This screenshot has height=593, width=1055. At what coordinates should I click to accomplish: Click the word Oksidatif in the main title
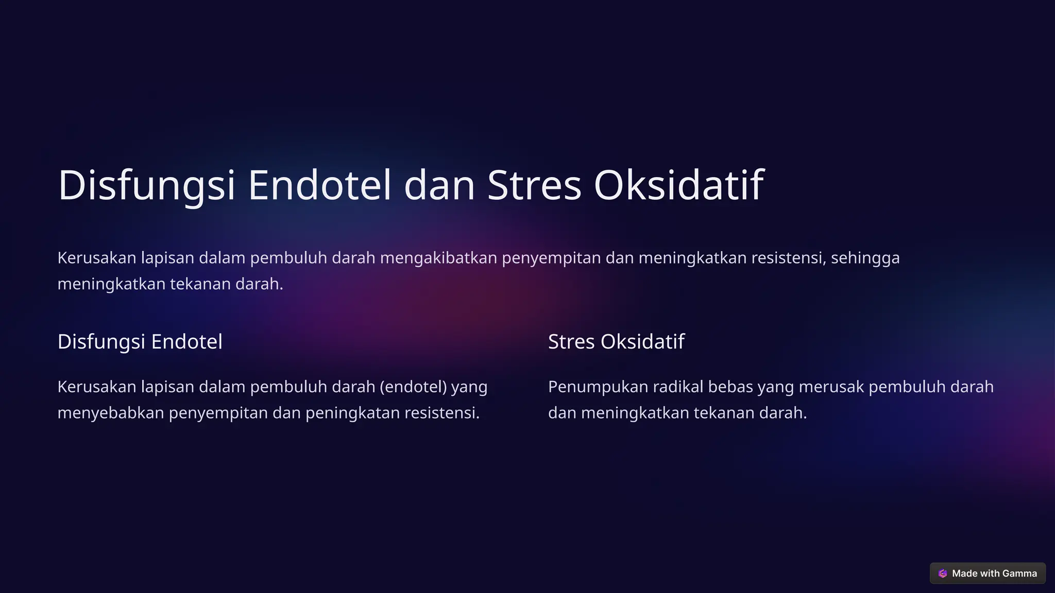pos(678,185)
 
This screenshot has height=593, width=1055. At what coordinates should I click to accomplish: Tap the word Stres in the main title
pos(534,185)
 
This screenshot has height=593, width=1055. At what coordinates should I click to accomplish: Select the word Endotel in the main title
pos(319,185)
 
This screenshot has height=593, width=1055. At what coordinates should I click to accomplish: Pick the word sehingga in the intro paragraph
pos(865,258)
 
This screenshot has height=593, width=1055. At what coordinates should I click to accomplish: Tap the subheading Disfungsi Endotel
pos(140,342)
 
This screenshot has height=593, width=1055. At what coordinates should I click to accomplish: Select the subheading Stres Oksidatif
pos(616,342)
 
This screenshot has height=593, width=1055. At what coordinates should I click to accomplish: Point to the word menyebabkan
pos(111,413)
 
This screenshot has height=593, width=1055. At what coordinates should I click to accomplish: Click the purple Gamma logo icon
pos(943,573)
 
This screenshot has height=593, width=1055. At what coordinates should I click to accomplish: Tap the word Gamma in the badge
pos(1019,573)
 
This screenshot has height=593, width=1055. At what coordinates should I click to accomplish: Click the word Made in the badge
pos(964,573)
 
